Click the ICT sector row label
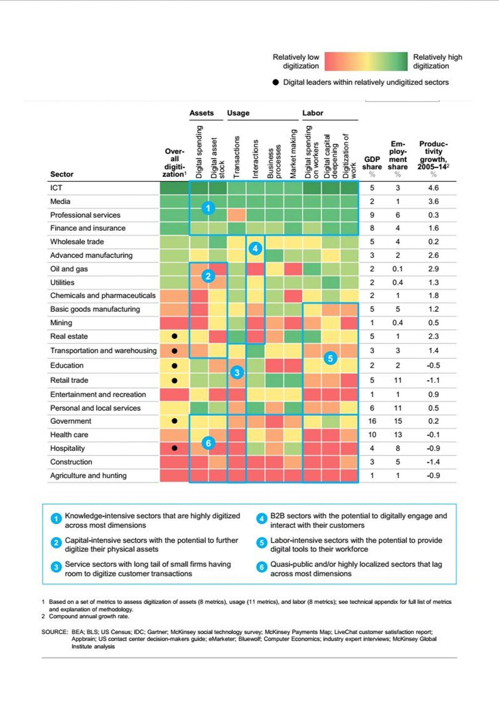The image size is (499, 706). tap(56, 188)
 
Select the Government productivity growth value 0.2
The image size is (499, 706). tap(433, 421)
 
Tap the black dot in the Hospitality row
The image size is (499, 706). tap(174, 448)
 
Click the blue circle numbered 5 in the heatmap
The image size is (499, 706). tap(330, 358)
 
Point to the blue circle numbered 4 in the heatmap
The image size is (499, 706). tap(255, 248)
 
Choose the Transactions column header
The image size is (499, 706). tap(236, 157)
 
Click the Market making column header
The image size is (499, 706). tap(293, 154)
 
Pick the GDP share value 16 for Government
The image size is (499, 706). tap(372, 421)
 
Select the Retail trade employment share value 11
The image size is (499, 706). tap(398, 380)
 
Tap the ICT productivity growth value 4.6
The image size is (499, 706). tap(433, 188)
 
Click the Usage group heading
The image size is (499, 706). tap(238, 113)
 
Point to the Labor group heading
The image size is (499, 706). tap(313, 113)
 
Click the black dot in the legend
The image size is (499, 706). tap(275, 82)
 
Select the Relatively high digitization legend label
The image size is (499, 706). tap(437, 61)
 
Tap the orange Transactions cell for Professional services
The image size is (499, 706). tap(236, 215)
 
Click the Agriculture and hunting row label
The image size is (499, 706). tap(88, 475)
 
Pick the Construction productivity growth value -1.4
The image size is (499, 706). tap(433, 462)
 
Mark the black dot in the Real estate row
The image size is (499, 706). tap(174, 336)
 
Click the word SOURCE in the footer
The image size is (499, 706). tap(54, 632)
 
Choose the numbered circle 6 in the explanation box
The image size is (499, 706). tap(262, 567)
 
